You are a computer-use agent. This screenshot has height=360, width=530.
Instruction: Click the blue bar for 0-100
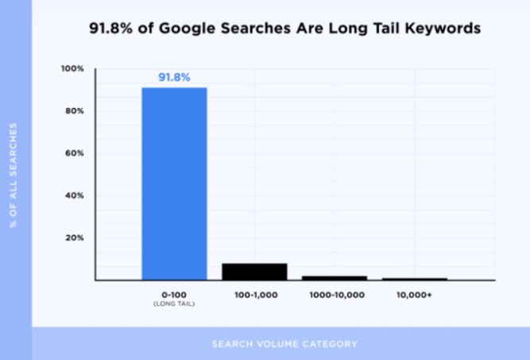click(x=174, y=183)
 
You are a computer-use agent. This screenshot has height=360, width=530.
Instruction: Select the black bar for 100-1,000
click(x=254, y=271)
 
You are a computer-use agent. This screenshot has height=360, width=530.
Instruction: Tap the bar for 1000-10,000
click(x=334, y=277)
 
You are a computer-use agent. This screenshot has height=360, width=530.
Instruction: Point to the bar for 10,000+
click(x=414, y=279)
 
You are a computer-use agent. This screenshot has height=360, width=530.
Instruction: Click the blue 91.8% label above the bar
click(x=174, y=78)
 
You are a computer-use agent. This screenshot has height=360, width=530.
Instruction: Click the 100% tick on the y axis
click(x=72, y=69)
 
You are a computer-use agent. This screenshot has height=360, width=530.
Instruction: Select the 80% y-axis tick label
click(x=74, y=111)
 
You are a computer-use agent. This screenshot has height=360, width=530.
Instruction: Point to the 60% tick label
click(x=74, y=153)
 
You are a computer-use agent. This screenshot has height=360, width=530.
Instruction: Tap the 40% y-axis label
click(x=74, y=195)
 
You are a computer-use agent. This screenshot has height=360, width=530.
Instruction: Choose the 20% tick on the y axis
click(x=74, y=238)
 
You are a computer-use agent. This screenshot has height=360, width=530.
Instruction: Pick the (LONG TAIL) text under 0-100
click(x=174, y=304)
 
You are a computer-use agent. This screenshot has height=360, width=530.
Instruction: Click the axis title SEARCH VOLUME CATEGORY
click(x=284, y=344)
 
